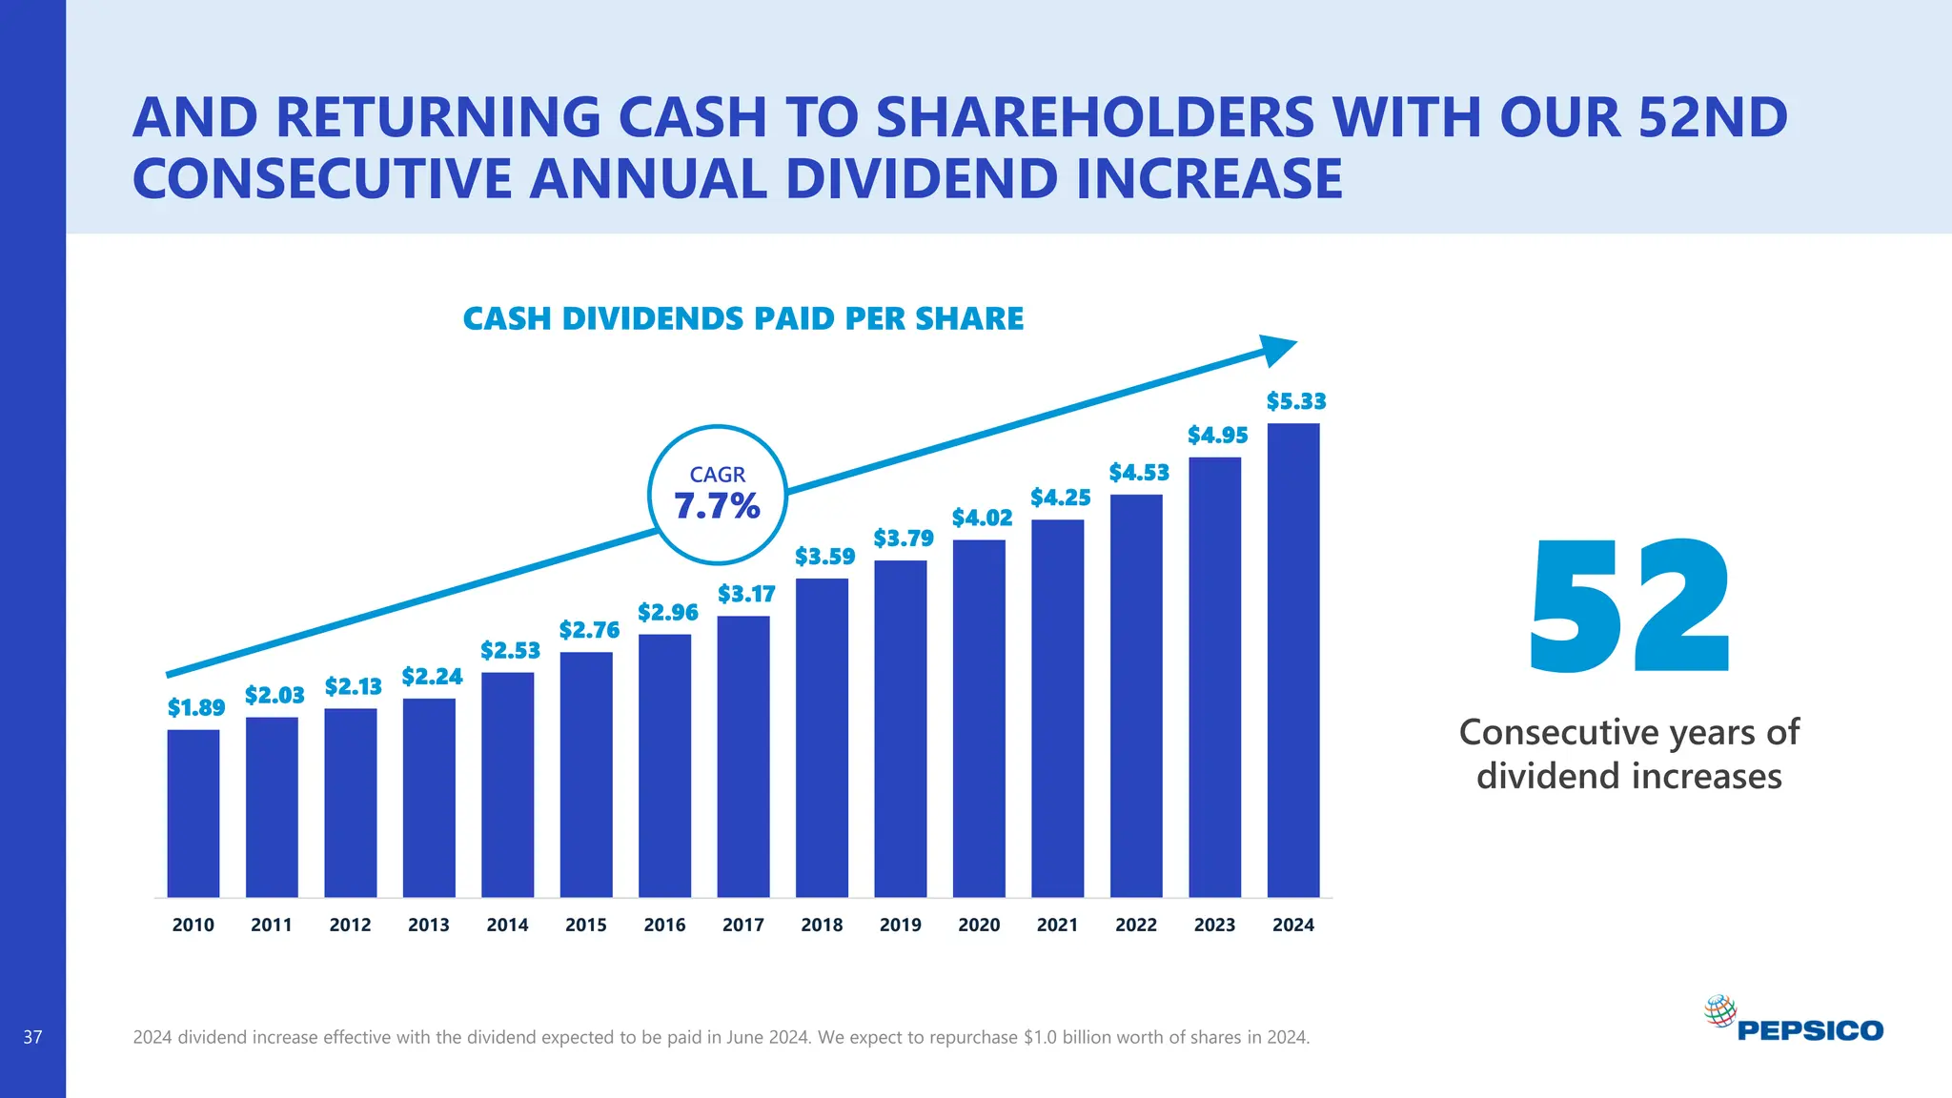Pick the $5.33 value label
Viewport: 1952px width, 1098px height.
pyautogui.click(x=1295, y=401)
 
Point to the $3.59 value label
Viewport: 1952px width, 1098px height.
pyautogui.click(x=824, y=557)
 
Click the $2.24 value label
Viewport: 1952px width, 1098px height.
pyautogui.click(x=432, y=677)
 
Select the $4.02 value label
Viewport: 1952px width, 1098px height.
pyautogui.click(x=982, y=518)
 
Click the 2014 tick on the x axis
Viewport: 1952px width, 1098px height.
pyautogui.click(x=507, y=925)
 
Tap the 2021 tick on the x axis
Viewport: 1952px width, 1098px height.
pyautogui.click(x=1057, y=925)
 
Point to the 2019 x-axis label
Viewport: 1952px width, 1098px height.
pyautogui.click(x=900, y=925)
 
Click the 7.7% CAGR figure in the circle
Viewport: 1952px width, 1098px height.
pyautogui.click(x=717, y=506)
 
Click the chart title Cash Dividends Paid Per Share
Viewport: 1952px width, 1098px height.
pyautogui.click(x=742, y=318)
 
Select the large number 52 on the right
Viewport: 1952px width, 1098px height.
pyautogui.click(x=1629, y=607)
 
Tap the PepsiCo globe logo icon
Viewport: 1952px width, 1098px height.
pyautogui.click(x=1719, y=1011)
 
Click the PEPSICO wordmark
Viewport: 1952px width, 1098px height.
pyautogui.click(x=1810, y=1031)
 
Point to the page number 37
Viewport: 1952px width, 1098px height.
pyautogui.click(x=32, y=1037)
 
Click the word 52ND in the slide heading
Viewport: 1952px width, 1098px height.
pyautogui.click(x=1713, y=117)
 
